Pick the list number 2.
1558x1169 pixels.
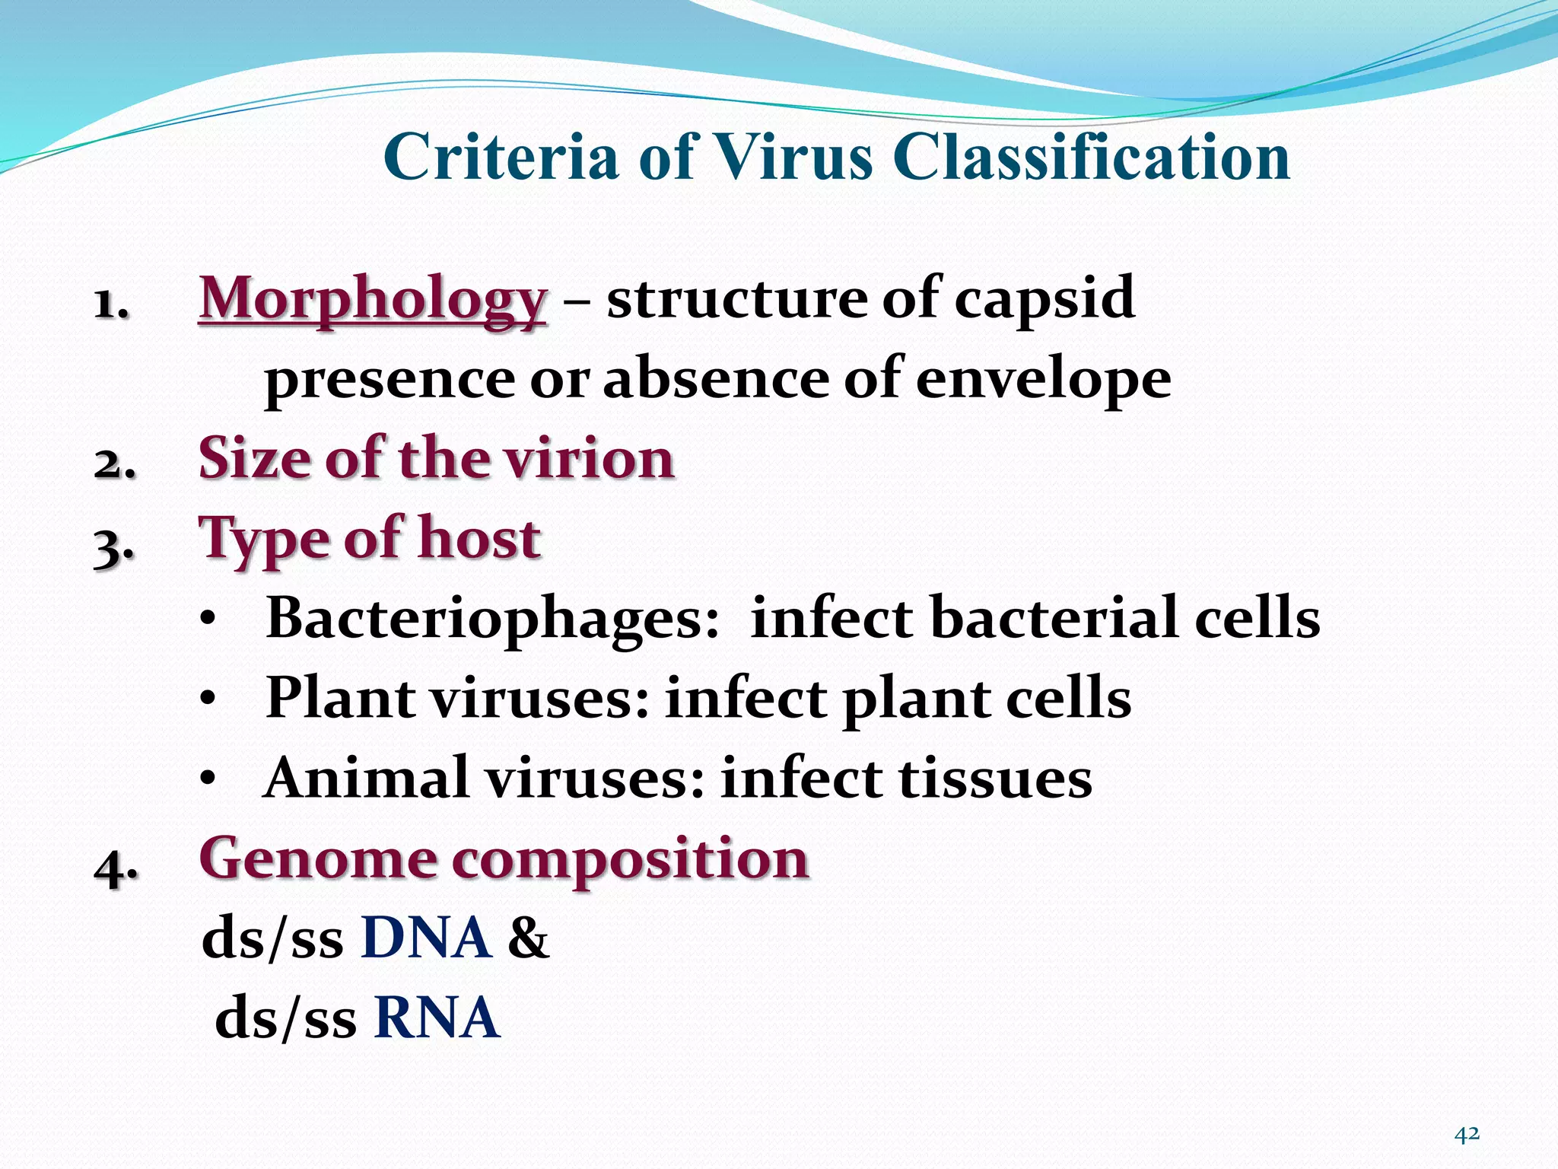[x=114, y=463]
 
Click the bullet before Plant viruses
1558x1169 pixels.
[x=208, y=699]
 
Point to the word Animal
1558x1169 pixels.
[x=366, y=779]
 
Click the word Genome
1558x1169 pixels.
[x=317, y=859]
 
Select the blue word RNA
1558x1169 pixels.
[x=437, y=1018]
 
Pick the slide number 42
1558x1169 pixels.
[x=1466, y=1135]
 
